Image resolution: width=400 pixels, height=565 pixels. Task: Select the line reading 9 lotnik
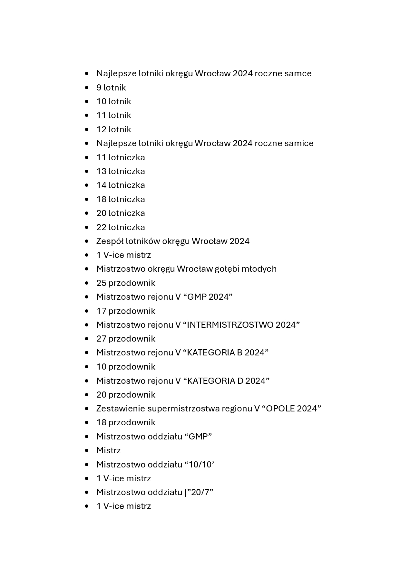[x=111, y=88]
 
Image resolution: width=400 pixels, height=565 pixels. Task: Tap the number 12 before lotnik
[x=101, y=129]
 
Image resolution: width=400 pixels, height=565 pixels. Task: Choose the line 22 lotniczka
[x=121, y=227]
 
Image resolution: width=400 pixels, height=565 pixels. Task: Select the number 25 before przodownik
[x=101, y=283]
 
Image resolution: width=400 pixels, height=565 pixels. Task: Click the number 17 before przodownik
[x=101, y=311]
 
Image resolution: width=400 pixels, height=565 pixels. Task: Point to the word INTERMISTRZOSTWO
[x=230, y=325]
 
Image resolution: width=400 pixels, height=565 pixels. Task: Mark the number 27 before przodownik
[x=101, y=339]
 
